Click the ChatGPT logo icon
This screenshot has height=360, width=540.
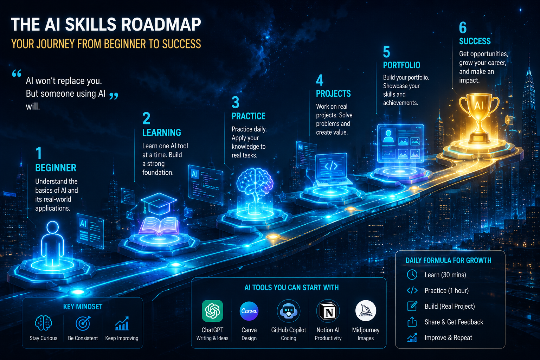click(x=212, y=311)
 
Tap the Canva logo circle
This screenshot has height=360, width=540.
click(x=249, y=311)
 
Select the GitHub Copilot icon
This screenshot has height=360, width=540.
click(x=289, y=311)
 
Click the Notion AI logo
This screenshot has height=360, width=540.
click(x=328, y=311)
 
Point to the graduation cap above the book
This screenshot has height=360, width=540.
click(x=159, y=202)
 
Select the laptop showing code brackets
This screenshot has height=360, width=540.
click(x=331, y=170)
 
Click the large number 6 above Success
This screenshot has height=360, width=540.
click(x=463, y=27)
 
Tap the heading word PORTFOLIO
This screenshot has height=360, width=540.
click(x=401, y=65)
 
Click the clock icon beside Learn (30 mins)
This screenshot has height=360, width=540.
click(x=412, y=275)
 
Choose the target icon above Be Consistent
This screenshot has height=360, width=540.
click(x=83, y=323)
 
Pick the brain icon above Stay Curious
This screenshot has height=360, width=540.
click(x=43, y=323)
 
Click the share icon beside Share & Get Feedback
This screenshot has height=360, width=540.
click(x=412, y=321)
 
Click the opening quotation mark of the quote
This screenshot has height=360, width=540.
click(x=17, y=73)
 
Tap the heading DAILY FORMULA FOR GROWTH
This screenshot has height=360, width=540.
click(x=448, y=261)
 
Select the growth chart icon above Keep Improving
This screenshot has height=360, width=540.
click(x=122, y=323)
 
